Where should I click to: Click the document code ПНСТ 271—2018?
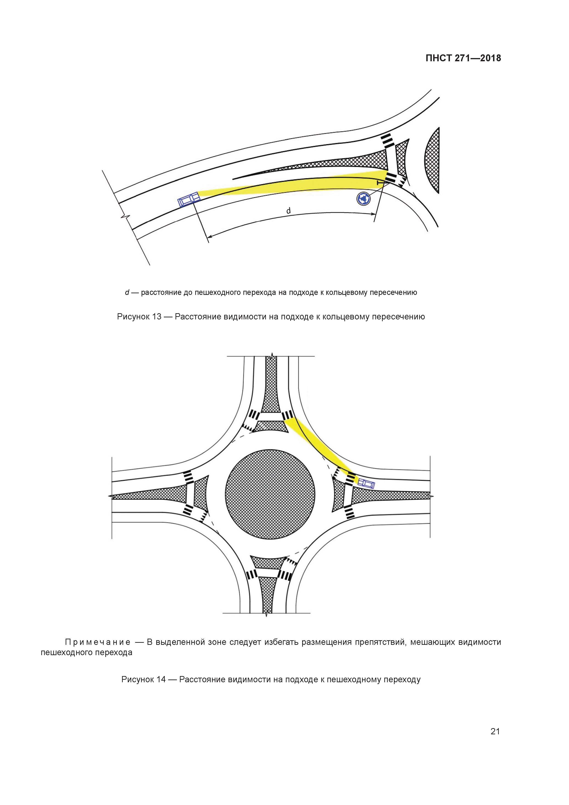(463, 58)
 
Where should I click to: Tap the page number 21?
(495, 731)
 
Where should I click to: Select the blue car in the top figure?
(188, 200)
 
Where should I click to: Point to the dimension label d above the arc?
(289, 211)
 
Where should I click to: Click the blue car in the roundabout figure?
(366, 484)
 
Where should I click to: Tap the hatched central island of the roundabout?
(270, 495)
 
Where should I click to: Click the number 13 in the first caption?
(157, 317)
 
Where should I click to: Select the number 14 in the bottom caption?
(161, 679)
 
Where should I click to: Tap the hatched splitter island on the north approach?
(270, 389)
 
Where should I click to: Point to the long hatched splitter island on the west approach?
(147, 495)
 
